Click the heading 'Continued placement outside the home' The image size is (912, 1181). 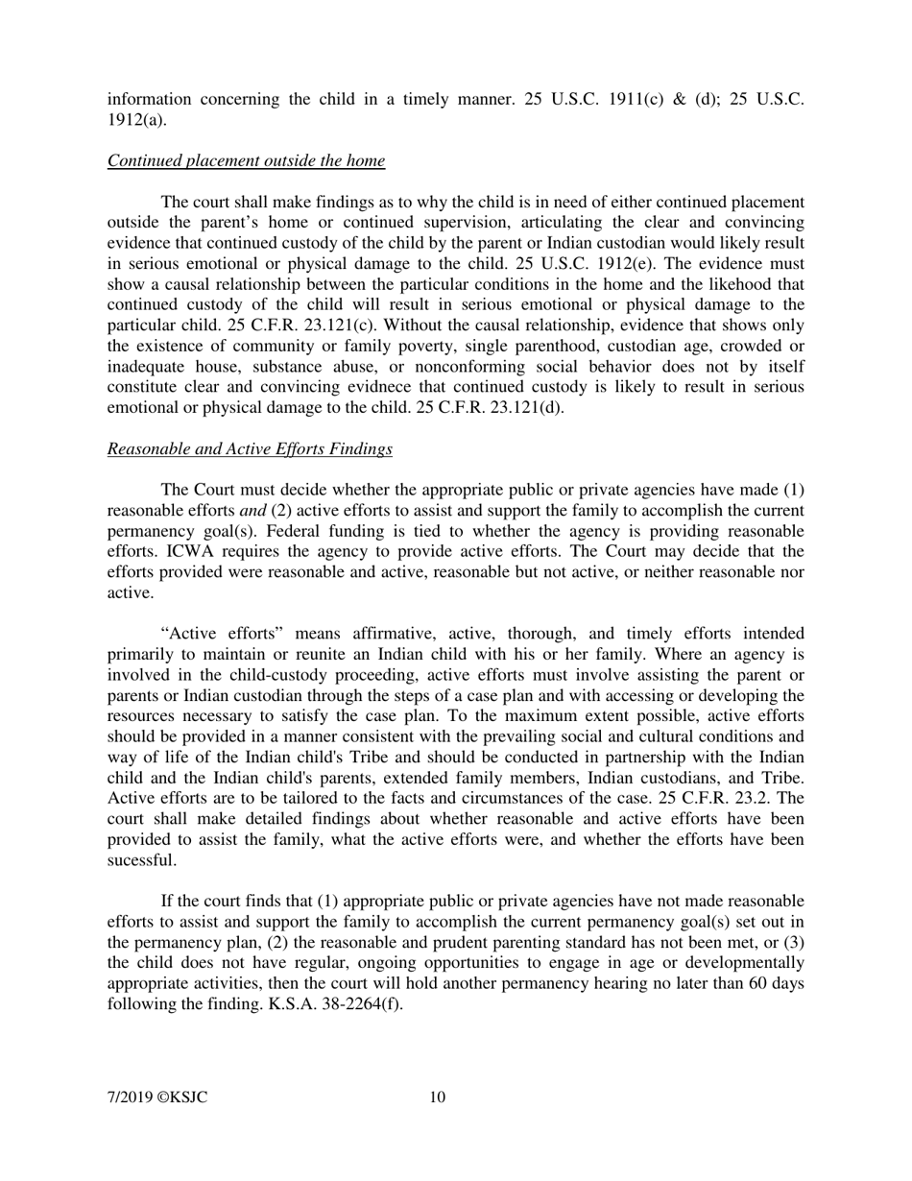(246, 161)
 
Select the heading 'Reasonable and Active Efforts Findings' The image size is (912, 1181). (250, 449)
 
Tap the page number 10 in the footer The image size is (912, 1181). (437, 1098)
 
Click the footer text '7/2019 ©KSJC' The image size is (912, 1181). (157, 1098)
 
